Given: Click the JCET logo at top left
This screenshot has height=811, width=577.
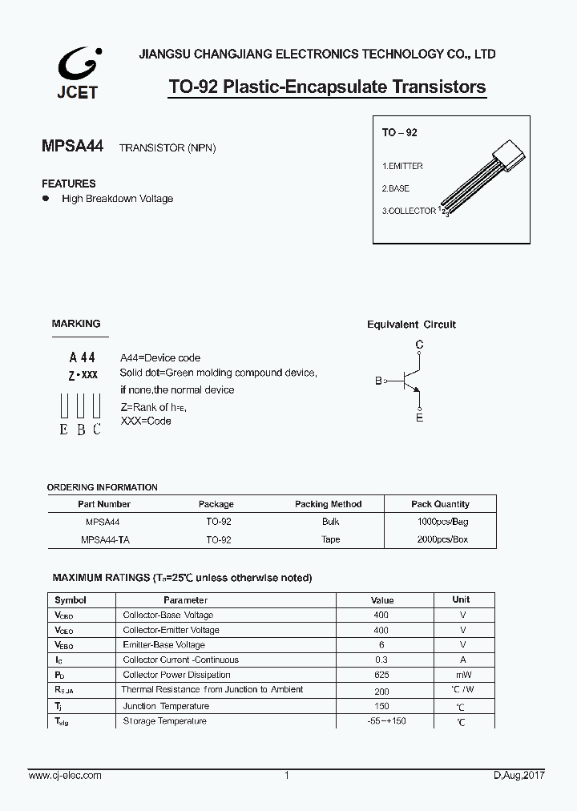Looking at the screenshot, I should point(78,72).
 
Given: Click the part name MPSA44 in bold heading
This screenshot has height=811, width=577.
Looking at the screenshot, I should point(73,147).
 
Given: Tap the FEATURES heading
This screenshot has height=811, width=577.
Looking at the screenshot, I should point(69,184).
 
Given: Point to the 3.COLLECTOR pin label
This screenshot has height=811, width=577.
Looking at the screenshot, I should point(409,211).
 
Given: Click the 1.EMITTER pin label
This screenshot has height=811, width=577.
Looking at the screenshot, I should point(402,166).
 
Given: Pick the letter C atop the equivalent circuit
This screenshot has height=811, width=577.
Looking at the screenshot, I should point(419,345).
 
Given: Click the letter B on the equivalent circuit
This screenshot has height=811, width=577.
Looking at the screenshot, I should point(378,381).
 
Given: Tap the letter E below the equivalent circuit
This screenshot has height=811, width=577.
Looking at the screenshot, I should point(419,418).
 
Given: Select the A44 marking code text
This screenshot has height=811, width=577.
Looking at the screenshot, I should point(82,357).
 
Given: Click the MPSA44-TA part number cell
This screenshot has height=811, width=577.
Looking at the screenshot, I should point(104,539).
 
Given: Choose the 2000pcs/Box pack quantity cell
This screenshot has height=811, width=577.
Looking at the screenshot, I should point(442,539).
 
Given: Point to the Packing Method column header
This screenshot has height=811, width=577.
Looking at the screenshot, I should point(328,504).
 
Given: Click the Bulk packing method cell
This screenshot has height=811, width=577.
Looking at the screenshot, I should point(330,521).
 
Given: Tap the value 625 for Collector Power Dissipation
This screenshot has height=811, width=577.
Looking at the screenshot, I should point(381,675).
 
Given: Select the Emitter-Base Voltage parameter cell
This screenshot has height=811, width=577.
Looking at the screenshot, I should point(163,644).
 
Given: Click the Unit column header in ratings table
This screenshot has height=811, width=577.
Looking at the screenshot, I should point(461,599).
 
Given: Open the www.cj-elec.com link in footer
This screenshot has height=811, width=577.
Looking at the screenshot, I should point(65,776).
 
